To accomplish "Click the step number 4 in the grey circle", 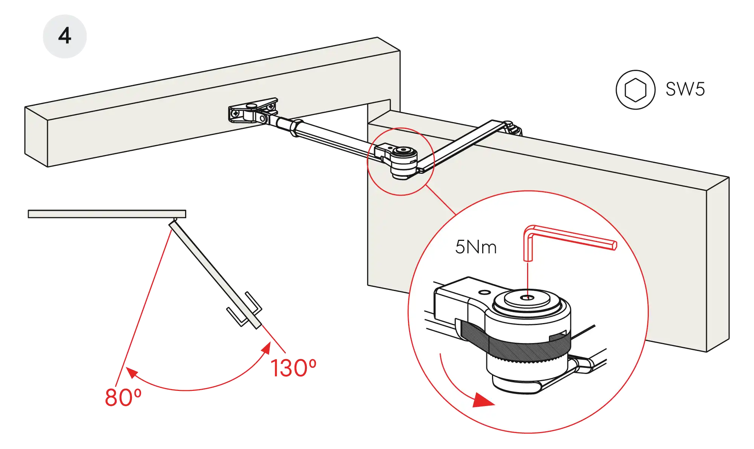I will pos(65,37).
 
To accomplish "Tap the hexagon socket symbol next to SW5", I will pos(636,90).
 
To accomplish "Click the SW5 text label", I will pos(685,90).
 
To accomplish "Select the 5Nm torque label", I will pos(476,247).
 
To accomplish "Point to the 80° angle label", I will pos(123,397).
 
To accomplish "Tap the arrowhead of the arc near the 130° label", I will pos(267,348).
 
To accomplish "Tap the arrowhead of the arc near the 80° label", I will pos(131,372).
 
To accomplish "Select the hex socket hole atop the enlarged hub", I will pos(527,297).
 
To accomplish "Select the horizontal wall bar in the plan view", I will pos(107,214).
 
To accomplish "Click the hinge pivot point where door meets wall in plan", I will pos(174,220).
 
